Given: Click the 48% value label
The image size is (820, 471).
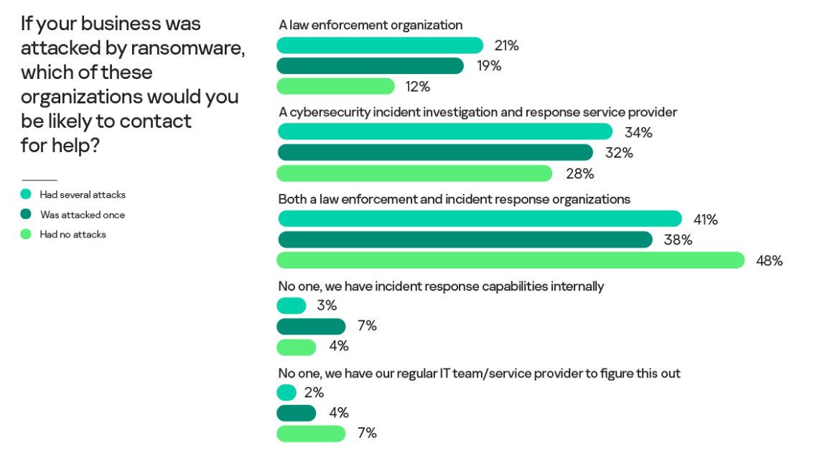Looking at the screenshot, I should click(769, 261).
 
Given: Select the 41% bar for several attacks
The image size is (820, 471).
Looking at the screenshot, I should click(480, 219).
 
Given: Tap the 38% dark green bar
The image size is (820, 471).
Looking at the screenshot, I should click(465, 240).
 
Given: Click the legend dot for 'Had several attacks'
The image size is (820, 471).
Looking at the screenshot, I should click(26, 194).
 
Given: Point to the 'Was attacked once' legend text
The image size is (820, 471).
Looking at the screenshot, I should click(83, 215).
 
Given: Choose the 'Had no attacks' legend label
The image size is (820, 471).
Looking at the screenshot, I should click(73, 234).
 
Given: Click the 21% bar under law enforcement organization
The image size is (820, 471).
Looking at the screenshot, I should click(380, 45).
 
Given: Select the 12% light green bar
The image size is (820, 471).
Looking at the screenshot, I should click(335, 86).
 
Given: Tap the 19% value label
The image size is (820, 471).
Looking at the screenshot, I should click(489, 66).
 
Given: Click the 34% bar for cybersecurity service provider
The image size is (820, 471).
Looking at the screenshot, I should click(445, 132).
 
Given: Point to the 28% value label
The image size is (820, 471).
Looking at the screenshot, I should click(579, 174).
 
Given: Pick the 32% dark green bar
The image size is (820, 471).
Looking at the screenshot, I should click(435, 153).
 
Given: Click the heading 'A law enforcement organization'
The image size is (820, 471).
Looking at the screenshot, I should click(371, 25).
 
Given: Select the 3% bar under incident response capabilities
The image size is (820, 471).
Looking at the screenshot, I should click(291, 306).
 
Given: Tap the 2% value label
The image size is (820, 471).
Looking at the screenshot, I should click(314, 393).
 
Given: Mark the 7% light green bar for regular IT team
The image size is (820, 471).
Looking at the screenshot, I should click(311, 434).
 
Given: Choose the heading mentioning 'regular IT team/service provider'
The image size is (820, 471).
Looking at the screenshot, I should click(479, 373).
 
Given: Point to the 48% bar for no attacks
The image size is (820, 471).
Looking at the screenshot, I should click(511, 261).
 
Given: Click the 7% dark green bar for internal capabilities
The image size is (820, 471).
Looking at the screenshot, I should click(311, 327).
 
